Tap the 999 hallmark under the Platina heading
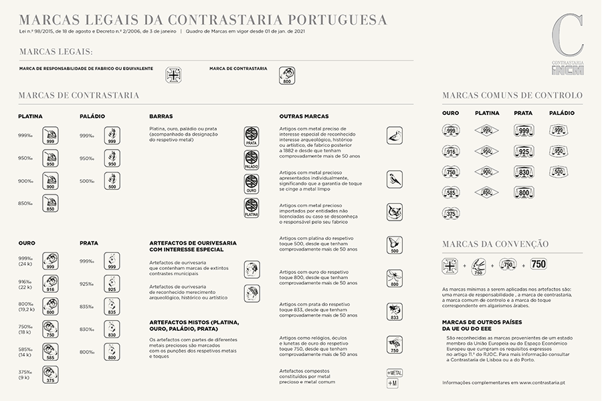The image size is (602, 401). click(50, 136)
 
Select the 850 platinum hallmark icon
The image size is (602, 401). click(50, 203)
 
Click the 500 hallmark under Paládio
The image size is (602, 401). click(112, 181)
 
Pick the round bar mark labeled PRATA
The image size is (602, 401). click(252, 136)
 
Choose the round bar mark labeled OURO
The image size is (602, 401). click(252, 184)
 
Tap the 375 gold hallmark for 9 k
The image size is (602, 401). click(50, 374)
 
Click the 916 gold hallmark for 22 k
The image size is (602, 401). click(50, 283)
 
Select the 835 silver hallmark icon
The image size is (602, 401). click(112, 306)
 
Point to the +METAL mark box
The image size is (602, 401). click(395, 372)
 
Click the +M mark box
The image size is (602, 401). click(393, 383)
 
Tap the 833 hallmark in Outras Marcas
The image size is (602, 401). click(395, 311)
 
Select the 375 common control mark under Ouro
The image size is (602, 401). click(451, 214)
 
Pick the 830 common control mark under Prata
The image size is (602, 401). click(524, 172)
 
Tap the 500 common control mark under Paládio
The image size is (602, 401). click(559, 172)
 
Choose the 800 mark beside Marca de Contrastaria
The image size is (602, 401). click(287, 75)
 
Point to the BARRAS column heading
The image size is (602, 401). click(161, 116)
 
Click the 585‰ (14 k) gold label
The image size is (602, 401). click(25, 352)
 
